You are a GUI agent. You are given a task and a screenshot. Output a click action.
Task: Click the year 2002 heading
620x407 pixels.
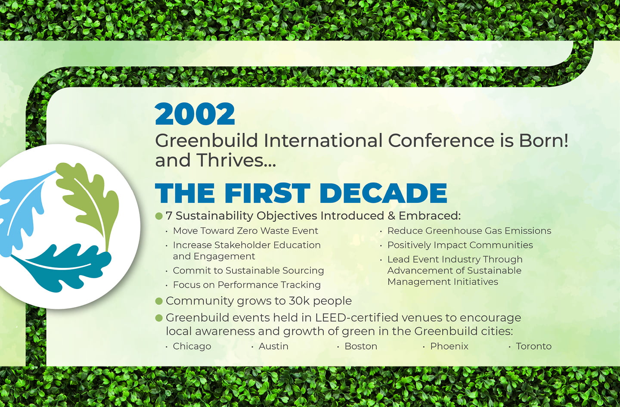(195, 114)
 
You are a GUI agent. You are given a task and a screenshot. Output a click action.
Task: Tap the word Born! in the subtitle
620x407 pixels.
(543, 140)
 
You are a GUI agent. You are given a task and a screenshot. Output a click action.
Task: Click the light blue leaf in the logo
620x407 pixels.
(19, 211)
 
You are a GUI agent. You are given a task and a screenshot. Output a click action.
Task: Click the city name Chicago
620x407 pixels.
(192, 346)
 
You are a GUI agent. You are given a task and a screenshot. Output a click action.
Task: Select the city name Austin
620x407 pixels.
(273, 346)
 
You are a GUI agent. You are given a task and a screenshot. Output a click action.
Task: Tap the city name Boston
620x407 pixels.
(361, 346)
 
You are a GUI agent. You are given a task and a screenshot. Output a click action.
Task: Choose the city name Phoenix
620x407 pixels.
(449, 346)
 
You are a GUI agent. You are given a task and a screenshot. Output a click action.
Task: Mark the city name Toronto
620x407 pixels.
(533, 346)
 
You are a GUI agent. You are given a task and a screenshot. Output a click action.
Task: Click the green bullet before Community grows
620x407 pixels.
(159, 301)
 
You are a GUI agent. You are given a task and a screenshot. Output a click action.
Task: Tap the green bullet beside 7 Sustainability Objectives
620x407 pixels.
(159, 216)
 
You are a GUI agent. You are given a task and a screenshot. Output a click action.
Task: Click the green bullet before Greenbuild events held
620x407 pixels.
(159, 318)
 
